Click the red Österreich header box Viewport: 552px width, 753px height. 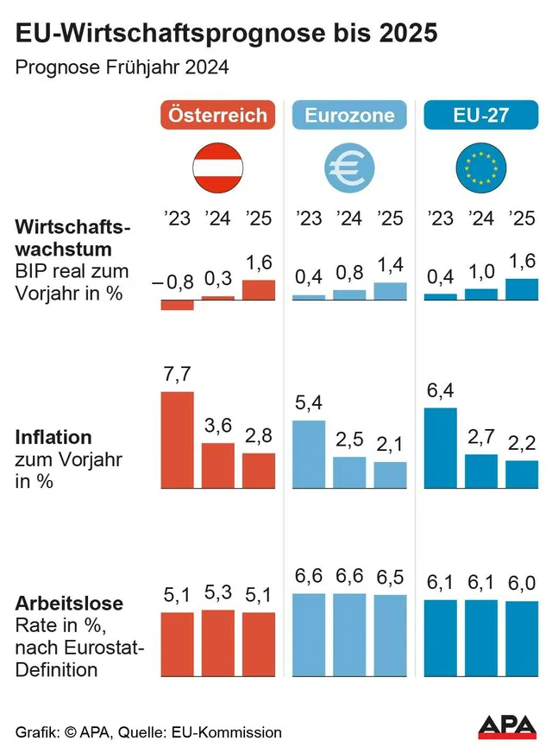click(217, 115)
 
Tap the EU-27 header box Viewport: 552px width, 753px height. click(480, 115)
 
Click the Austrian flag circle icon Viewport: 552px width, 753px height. click(217, 168)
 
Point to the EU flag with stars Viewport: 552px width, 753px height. click(480, 168)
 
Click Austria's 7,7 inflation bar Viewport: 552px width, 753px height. click(178, 440)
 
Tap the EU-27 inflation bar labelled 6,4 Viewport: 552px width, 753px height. click(440, 448)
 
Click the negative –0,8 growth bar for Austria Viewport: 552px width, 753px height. click(178, 305)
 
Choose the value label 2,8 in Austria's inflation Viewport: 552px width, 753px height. click(259, 437)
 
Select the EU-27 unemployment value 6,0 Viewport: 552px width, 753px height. click(521, 583)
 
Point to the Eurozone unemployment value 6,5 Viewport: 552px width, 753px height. click(390, 577)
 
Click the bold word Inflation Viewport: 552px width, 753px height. click(53, 437)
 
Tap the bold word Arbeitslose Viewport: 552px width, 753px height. click(69, 603)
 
